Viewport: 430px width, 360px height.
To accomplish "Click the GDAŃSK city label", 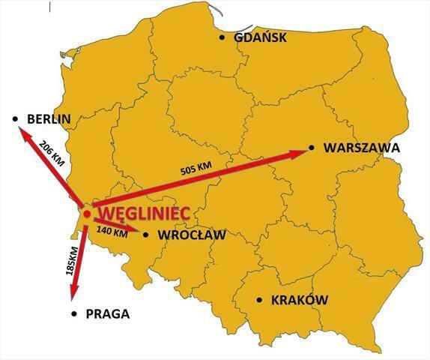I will [260, 37].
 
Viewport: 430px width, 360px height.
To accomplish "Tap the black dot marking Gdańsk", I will [222, 37].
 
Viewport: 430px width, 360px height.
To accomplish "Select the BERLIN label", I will [48, 118].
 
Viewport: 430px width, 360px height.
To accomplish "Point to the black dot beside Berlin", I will [15, 119].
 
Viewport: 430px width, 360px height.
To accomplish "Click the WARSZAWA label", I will [361, 148].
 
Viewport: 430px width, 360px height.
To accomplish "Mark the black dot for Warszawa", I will [312, 148].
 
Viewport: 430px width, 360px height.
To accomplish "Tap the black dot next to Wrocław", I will [145, 235].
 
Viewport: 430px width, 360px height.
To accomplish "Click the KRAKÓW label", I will [300, 300].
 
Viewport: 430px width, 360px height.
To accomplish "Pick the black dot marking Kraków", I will [260, 300].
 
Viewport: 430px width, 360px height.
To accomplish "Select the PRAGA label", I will [109, 314].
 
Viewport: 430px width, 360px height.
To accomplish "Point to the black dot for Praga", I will [73, 314].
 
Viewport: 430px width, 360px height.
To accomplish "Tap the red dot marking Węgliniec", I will [87, 214].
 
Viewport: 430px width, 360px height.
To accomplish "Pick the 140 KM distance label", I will [113, 233].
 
